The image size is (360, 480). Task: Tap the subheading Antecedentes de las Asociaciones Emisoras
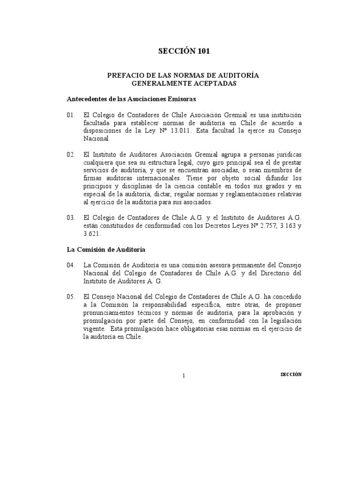coord(131,99)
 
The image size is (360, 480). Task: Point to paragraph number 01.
coord(71,115)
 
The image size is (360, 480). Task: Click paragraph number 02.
coord(71,155)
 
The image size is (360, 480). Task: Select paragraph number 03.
coord(71,218)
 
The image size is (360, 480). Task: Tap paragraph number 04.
coord(71,265)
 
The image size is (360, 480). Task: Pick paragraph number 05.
coord(71,297)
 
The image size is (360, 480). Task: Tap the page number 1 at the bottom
coord(184,375)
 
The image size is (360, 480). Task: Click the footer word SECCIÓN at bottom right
coord(291,374)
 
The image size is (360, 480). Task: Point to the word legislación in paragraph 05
coord(283,321)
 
